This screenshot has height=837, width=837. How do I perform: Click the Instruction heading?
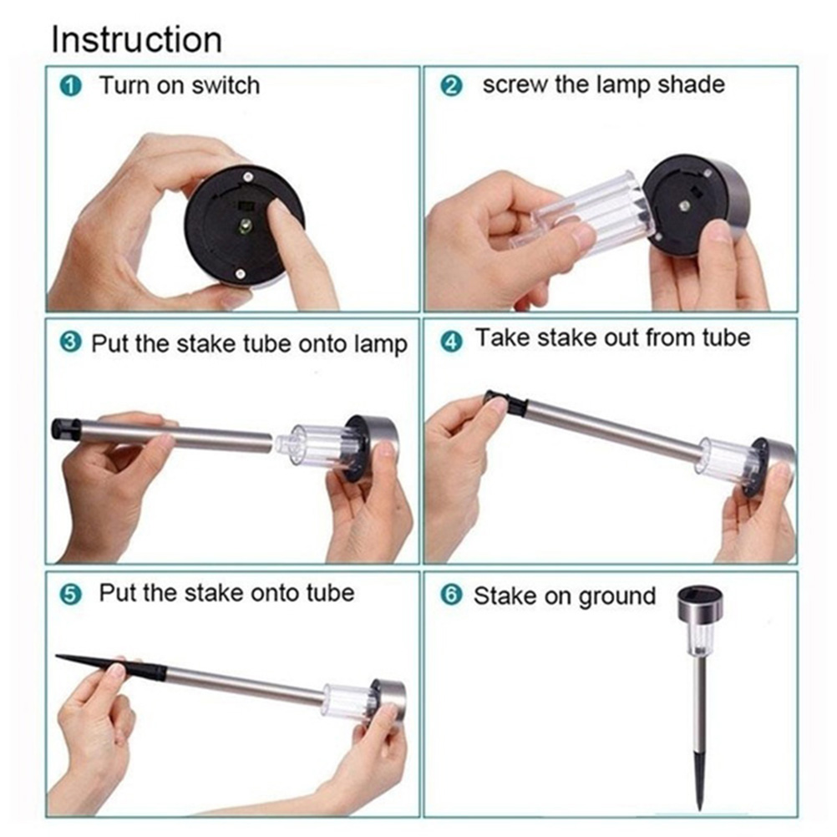(x=137, y=39)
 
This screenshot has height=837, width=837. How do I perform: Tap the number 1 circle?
(x=71, y=87)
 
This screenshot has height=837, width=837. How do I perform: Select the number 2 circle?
(x=451, y=85)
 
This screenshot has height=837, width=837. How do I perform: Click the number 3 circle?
(x=70, y=342)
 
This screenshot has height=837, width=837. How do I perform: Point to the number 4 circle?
(x=451, y=341)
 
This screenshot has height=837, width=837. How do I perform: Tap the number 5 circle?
(x=70, y=594)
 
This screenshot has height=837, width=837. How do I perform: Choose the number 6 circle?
(x=451, y=594)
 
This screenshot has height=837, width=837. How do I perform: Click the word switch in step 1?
(x=226, y=85)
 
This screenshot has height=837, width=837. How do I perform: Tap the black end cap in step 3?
(x=66, y=429)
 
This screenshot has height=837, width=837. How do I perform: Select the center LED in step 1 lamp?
(x=245, y=226)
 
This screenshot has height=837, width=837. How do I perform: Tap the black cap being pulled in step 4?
(x=505, y=403)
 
